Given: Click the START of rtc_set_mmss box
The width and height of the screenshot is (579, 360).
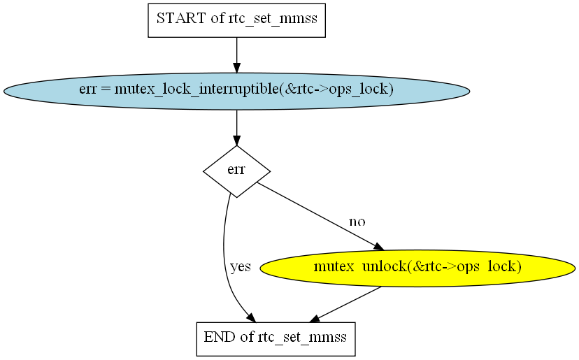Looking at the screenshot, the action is point(236,20).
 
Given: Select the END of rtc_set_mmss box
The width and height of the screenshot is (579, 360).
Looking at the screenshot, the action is point(276,339).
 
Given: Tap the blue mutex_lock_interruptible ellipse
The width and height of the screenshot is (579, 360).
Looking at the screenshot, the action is point(236,91).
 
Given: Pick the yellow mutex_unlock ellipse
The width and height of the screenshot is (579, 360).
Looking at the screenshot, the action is point(417,268).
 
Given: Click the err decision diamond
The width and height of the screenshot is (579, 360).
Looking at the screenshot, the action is point(236,171).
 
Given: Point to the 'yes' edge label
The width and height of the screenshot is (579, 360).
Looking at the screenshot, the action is point(241,266).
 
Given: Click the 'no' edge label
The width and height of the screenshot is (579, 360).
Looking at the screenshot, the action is point(357,222).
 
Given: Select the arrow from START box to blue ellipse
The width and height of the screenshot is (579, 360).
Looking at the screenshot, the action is point(236,55).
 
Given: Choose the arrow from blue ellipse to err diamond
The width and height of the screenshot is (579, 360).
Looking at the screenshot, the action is point(236,127).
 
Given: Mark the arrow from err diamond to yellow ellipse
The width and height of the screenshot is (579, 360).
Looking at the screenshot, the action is point(320,216).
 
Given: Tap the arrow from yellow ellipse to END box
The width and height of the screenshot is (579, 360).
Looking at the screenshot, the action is point(345,304).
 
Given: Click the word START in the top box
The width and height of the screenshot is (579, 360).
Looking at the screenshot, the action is point(181,17).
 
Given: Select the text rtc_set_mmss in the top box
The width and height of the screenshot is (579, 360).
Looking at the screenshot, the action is point(273,18).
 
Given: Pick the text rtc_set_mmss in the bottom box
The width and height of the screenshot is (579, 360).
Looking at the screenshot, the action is point(302,338).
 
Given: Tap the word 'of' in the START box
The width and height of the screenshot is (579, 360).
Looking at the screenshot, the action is point(217,17).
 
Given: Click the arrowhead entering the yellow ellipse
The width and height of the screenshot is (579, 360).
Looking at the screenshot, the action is point(379,247).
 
